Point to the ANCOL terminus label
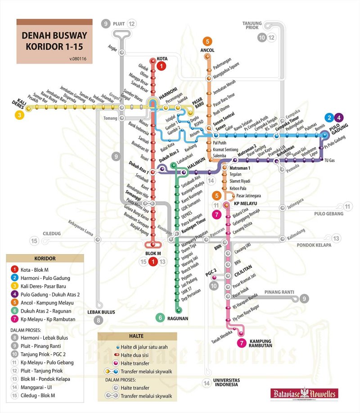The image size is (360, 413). (x=207, y=50)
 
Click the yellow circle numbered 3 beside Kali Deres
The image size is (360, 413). (x=19, y=115)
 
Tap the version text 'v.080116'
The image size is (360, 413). (x=77, y=58)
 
